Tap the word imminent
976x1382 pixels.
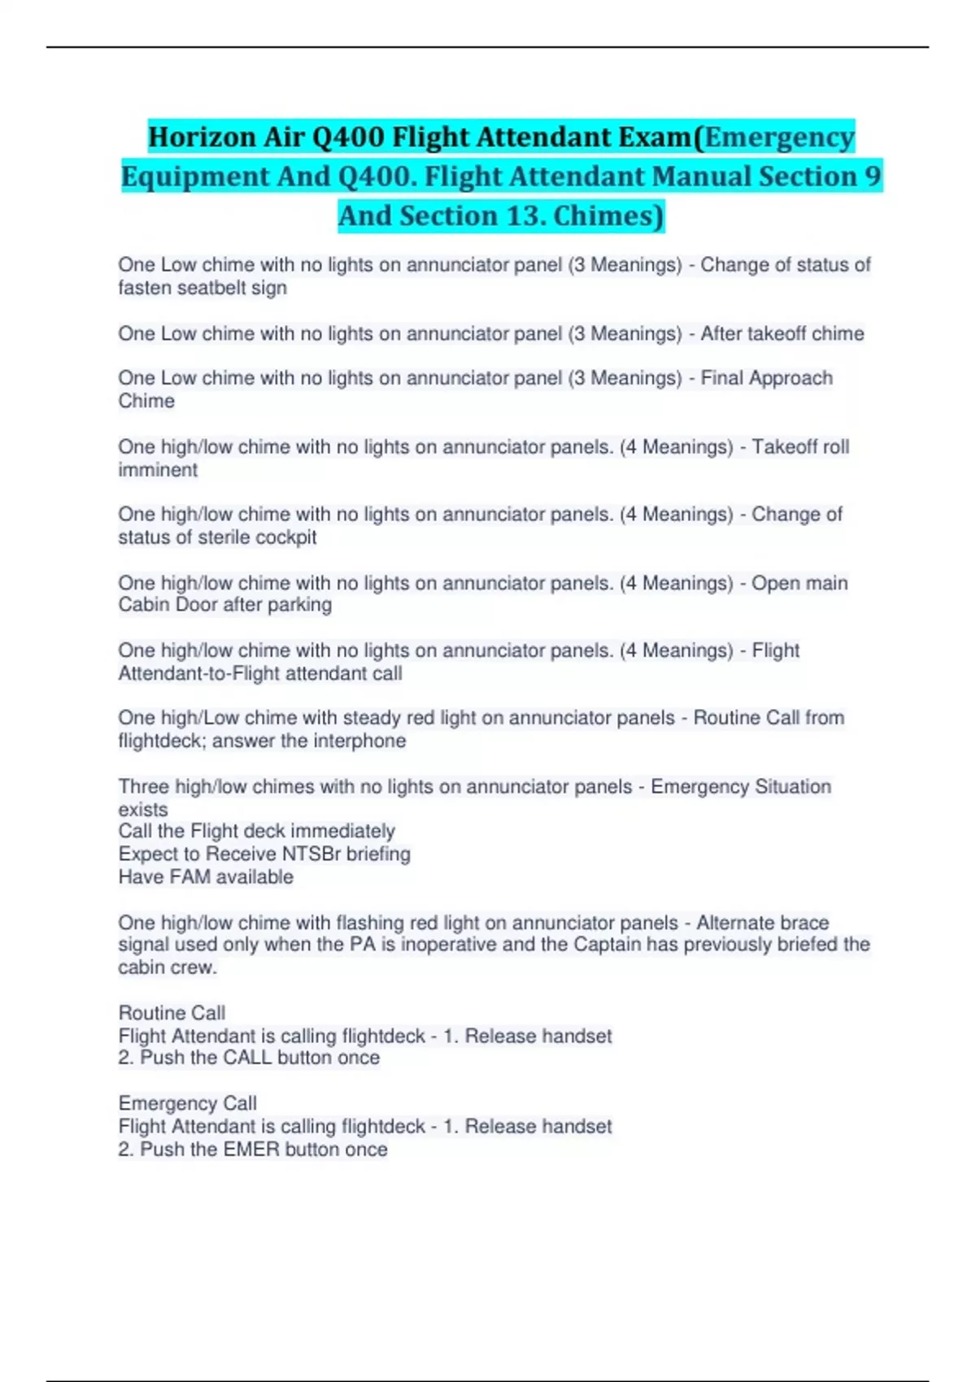pos(158,470)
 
